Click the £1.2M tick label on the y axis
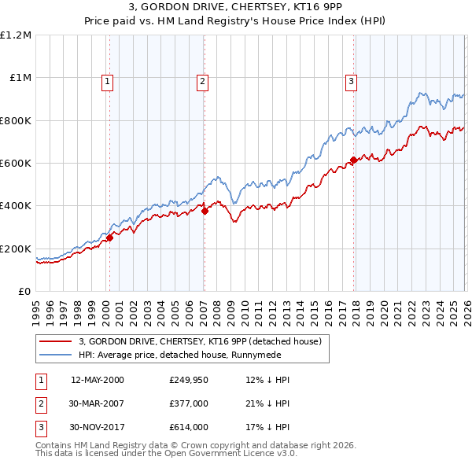pos(17,35)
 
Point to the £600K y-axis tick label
pos(17,164)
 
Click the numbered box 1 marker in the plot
pos(106,80)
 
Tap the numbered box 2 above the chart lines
pos(202,80)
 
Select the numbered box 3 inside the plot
pos(351,80)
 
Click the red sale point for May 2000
pos(109,238)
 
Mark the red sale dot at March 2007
pos(205,211)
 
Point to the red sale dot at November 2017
pos(353,160)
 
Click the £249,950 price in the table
pos(188,380)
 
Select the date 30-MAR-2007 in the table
pos(98,403)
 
